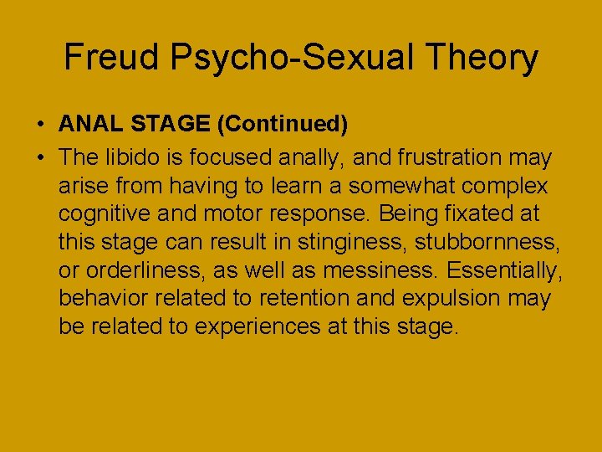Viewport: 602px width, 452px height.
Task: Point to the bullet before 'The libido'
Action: [x=40, y=157]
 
